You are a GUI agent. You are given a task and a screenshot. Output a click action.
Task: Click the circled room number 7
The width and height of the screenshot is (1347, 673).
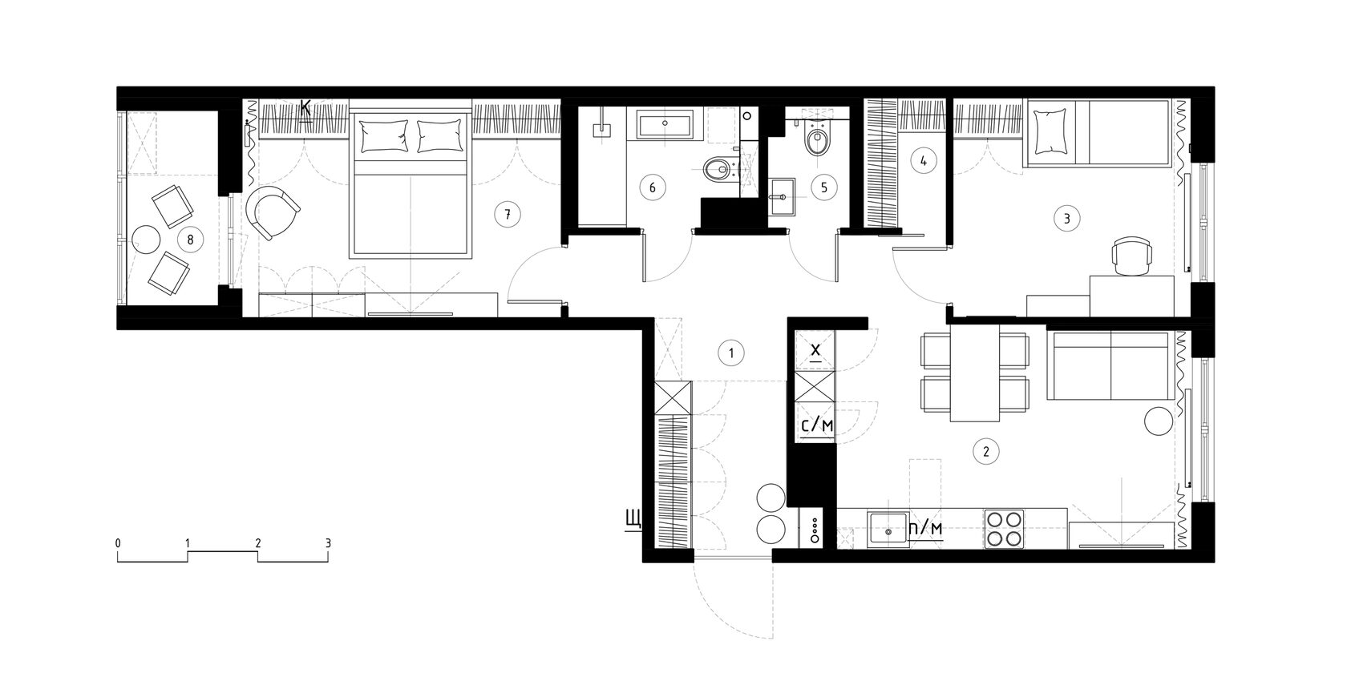click(x=508, y=215)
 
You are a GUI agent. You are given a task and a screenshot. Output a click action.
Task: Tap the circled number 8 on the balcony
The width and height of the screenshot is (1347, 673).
click(x=191, y=240)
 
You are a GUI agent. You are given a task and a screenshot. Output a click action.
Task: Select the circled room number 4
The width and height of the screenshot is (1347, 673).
click(x=924, y=160)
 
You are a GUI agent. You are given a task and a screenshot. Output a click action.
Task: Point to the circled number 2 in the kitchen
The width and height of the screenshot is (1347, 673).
click(x=985, y=451)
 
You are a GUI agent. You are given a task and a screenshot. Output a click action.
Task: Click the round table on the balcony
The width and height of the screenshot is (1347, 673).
click(x=146, y=240)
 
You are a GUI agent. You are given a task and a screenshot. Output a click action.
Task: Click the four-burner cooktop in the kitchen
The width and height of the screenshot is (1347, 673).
click(x=1004, y=529)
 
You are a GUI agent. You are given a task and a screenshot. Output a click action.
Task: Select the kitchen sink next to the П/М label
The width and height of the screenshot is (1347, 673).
click(x=888, y=530)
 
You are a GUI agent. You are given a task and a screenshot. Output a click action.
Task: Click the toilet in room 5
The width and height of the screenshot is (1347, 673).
click(x=816, y=140)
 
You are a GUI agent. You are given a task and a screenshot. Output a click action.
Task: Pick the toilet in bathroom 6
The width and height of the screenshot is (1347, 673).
click(x=718, y=169)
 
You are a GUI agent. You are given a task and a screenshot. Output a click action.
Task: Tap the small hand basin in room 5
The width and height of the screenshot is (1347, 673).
click(x=782, y=196)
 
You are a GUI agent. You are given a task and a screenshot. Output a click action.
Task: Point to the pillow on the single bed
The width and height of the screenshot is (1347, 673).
click(x=1049, y=131)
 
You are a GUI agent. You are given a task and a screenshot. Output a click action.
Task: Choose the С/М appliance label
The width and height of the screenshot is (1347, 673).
click(x=817, y=425)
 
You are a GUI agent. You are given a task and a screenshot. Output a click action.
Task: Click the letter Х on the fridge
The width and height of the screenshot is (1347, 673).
click(x=815, y=351)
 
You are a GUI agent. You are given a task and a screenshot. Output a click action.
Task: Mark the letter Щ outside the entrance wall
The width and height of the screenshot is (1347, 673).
click(x=633, y=519)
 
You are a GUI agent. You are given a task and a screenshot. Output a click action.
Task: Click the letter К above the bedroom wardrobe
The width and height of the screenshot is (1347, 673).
click(x=305, y=110)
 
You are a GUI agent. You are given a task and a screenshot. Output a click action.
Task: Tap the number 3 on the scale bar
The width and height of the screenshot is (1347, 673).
click(x=328, y=543)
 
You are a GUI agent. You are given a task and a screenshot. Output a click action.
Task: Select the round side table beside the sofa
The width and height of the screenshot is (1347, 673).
click(x=1159, y=421)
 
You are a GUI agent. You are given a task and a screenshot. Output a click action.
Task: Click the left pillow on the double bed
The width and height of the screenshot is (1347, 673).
click(x=383, y=135)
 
